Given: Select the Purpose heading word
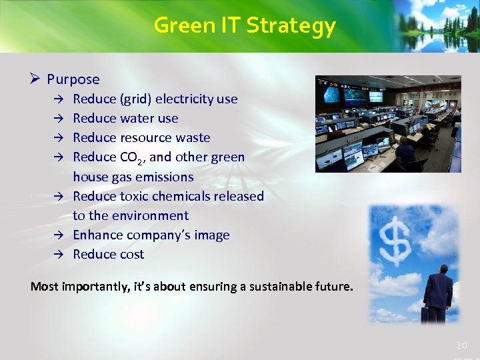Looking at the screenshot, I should [x=73, y=79].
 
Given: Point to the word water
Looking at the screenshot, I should [x=137, y=119].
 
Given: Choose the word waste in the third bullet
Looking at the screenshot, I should [x=193, y=138].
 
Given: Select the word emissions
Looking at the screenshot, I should [x=165, y=177].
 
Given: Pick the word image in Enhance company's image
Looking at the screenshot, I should [x=211, y=235].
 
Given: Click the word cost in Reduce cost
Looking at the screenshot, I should [x=132, y=255].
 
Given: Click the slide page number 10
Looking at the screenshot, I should [x=462, y=345].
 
